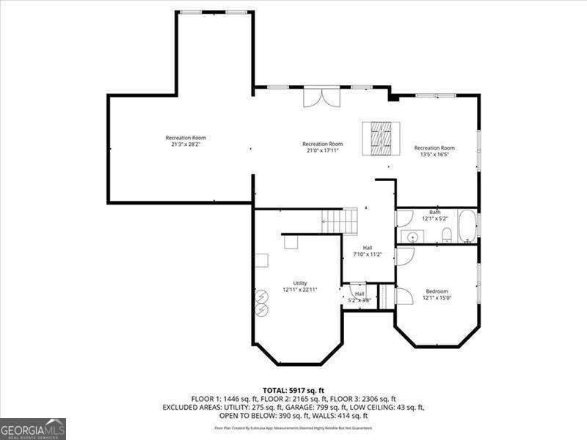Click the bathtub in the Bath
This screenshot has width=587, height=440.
click(467, 227)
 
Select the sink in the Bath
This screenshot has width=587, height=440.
click(412, 236)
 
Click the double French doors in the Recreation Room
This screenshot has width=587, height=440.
click(321, 98)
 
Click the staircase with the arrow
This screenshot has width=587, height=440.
click(339, 219)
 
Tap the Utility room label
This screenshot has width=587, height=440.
click(299, 283)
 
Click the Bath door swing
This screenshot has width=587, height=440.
click(405, 218)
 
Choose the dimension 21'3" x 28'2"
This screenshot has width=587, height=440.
click(186, 144)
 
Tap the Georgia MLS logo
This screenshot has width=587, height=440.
click(33, 428)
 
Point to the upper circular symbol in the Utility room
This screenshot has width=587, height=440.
click(260, 296)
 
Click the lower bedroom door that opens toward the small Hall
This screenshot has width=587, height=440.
click(403, 296)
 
